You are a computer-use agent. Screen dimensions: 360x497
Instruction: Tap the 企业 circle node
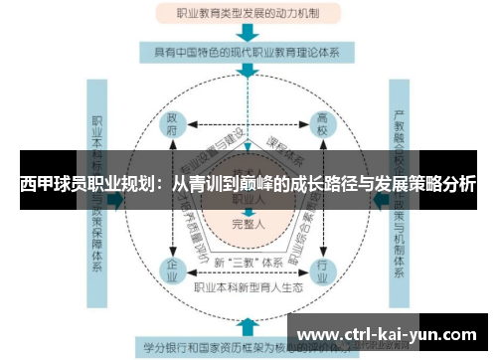[173, 270]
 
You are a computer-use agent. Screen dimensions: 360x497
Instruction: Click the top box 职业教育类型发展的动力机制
[248, 14]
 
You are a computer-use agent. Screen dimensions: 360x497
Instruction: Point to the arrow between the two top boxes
[248, 32]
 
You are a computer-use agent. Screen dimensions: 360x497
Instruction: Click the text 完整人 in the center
[248, 223]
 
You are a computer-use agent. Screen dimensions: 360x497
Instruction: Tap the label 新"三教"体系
[248, 263]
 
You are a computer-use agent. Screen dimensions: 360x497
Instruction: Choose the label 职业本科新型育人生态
[248, 287]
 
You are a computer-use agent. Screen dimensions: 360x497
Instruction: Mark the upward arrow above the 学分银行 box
[248, 326]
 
